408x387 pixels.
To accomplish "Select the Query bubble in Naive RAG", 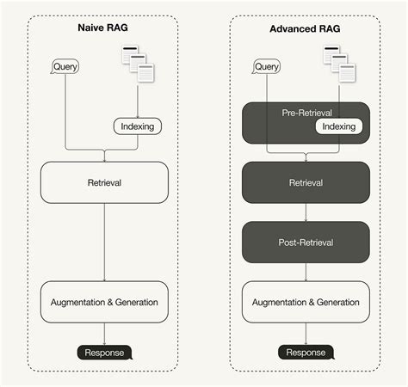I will (65, 66).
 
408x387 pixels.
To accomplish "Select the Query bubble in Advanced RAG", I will (267, 66).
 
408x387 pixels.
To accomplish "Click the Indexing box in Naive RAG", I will (137, 126).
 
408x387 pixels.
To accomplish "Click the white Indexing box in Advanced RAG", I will (338, 126).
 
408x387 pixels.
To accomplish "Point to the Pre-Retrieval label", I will (306, 113).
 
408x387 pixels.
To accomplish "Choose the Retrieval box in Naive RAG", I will (104, 182).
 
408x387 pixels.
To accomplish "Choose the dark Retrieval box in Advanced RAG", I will (306, 182).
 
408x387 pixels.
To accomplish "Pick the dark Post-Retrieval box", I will (306, 243).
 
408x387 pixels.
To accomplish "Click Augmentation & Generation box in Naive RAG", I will (104, 302).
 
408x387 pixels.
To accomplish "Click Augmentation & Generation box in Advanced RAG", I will (306, 302).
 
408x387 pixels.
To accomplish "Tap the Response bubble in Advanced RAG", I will (306, 352).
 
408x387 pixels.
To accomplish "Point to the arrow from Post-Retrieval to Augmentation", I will (306, 272).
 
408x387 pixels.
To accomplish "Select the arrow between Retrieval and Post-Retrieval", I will (306, 212).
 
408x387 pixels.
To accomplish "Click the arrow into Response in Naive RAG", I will (104, 334).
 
